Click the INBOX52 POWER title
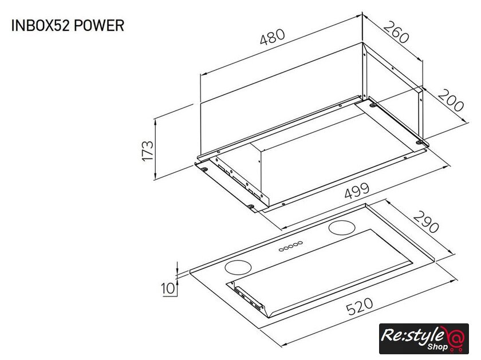68,25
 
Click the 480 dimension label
273,37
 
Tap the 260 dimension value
396,32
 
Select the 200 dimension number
450,100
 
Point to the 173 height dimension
147,151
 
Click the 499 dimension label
357,191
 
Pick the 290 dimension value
426,221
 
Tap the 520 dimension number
360,306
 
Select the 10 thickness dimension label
168,288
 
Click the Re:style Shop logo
424,338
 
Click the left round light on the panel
238,267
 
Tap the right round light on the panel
342,228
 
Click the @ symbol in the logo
456,338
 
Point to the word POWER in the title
99,25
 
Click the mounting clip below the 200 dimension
419,143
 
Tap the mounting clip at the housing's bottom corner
251,207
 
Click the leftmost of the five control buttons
281,250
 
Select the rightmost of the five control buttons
300,243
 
